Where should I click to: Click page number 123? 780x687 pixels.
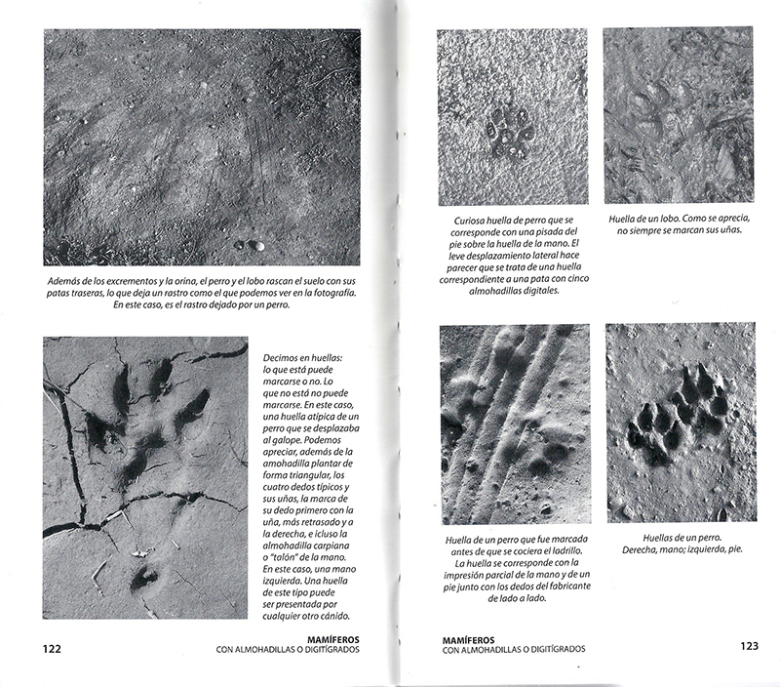pyautogui.click(x=749, y=646)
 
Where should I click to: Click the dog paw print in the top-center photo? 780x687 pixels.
pyautogui.click(x=512, y=132)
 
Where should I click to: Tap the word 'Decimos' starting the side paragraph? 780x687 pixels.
pyautogui.click(x=289, y=358)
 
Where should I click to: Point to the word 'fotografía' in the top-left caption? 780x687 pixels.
pyautogui.click(x=326, y=293)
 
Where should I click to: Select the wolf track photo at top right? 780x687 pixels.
pyautogui.click(x=678, y=115)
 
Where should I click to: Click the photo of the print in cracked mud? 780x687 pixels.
pyautogui.click(x=145, y=477)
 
